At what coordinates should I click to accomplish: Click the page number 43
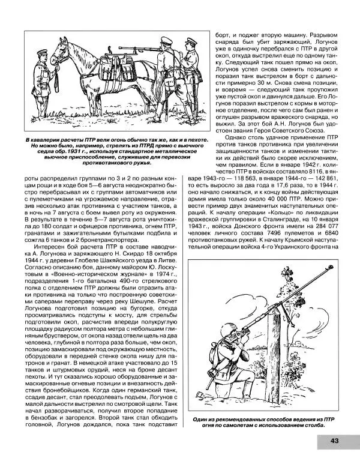coord(334,441)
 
